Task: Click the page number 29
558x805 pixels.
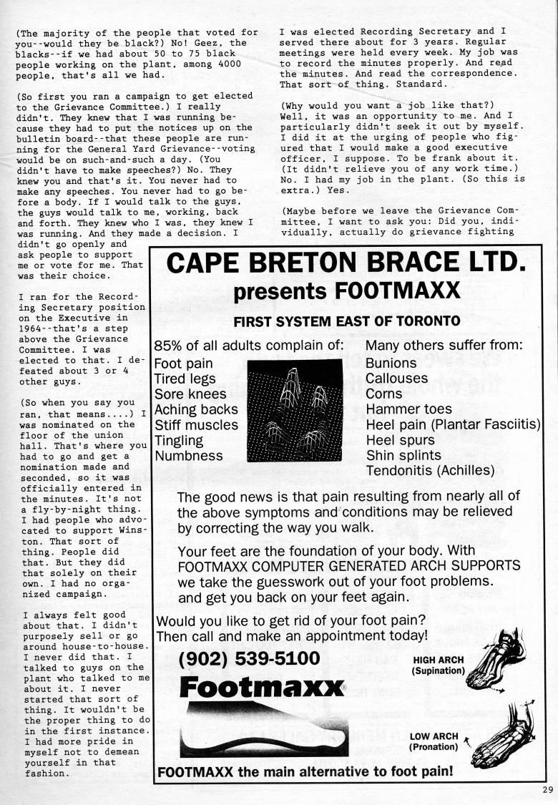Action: [x=547, y=789]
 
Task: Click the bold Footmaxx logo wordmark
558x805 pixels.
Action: [x=263, y=688]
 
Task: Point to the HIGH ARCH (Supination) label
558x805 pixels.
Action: [x=439, y=665]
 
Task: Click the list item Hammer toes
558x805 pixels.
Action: [x=408, y=409]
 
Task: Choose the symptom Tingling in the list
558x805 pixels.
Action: [x=179, y=440]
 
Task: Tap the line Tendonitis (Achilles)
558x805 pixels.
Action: [x=430, y=471]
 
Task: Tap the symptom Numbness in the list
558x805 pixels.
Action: [x=189, y=456]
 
